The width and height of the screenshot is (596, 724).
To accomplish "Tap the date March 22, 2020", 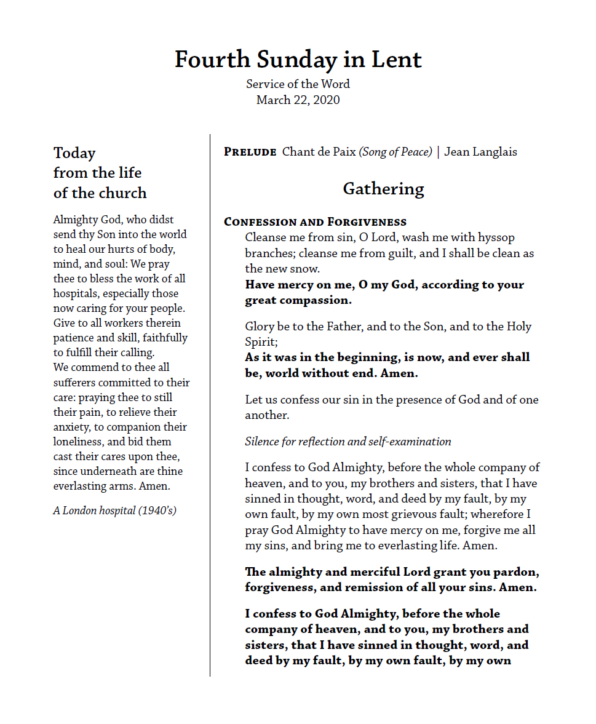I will [x=298, y=100].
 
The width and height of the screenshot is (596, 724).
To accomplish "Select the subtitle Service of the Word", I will [x=298, y=84].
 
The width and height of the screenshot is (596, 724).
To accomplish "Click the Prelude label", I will [x=250, y=152].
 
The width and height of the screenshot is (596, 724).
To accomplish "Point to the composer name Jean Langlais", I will [x=480, y=151].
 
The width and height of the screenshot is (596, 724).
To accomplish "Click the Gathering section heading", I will [x=383, y=188].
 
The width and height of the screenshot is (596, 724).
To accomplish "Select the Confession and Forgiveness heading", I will [x=315, y=221].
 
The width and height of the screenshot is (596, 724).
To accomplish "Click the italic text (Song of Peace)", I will [x=395, y=152].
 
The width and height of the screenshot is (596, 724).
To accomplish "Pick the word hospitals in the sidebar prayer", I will [x=76, y=293].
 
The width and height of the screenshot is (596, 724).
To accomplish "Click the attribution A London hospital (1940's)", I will [x=115, y=510].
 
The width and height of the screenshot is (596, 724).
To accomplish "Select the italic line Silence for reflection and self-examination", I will [x=348, y=441].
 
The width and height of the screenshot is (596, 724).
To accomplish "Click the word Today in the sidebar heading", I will [x=74, y=153].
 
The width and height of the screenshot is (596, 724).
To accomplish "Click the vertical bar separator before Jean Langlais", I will [x=438, y=152].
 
